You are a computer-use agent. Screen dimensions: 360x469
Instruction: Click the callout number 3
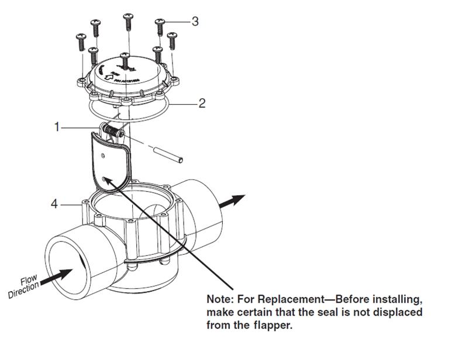coord(195,21)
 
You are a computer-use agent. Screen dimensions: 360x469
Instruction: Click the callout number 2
coord(202,104)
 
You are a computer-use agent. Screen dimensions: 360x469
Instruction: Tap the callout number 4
coord(54,205)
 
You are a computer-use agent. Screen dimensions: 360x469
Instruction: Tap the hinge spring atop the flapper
coord(112,130)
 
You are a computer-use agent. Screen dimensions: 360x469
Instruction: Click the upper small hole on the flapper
coord(103,155)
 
